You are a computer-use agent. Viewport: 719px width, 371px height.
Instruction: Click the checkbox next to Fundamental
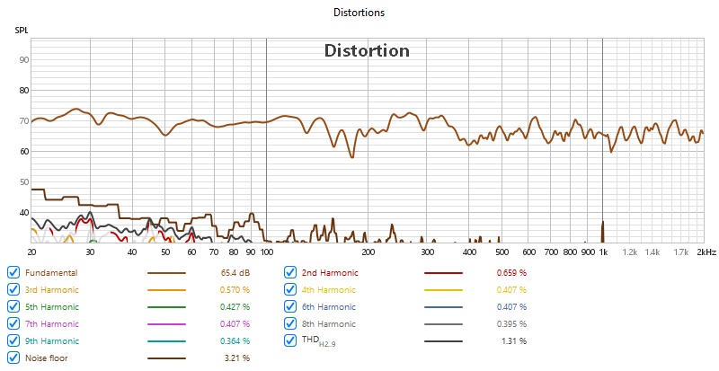pyautogui.click(x=13, y=272)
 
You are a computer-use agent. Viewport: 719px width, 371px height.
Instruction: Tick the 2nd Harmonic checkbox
pyautogui.click(x=290, y=272)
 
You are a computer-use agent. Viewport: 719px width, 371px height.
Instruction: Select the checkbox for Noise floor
pyautogui.click(x=13, y=358)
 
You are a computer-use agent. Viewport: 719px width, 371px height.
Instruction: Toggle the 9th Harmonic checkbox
pyautogui.click(x=13, y=340)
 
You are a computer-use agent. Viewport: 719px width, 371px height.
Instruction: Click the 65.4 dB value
pyautogui.click(x=236, y=272)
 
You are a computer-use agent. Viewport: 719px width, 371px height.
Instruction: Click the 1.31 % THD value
pyautogui.click(x=514, y=340)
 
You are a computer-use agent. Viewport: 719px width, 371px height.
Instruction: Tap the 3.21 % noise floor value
pyautogui.click(x=236, y=358)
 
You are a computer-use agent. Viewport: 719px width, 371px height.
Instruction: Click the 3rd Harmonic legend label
pyautogui.click(x=51, y=289)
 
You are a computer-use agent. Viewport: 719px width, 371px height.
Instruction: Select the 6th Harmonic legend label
pyautogui.click(x=329, y=306)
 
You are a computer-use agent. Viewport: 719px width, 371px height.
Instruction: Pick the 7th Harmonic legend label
pyautogui.click(x=51, y=323)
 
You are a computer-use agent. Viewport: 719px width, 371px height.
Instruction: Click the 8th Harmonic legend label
pyautogui.click(x=329, y=323)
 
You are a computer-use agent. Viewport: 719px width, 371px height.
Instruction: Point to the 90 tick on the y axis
pyautogui.click(x=24, y=60)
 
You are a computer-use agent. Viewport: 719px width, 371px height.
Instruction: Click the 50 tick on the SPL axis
pyautogui.click(x=24, y=182)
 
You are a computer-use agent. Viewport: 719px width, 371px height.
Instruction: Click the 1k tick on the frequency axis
pyautogui.click(x=602, y=252)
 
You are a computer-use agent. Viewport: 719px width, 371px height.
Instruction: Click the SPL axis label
pyautogui.click(x=21, y=31)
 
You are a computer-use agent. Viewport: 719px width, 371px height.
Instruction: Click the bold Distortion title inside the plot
pyautogui.click(x=367, y=51)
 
